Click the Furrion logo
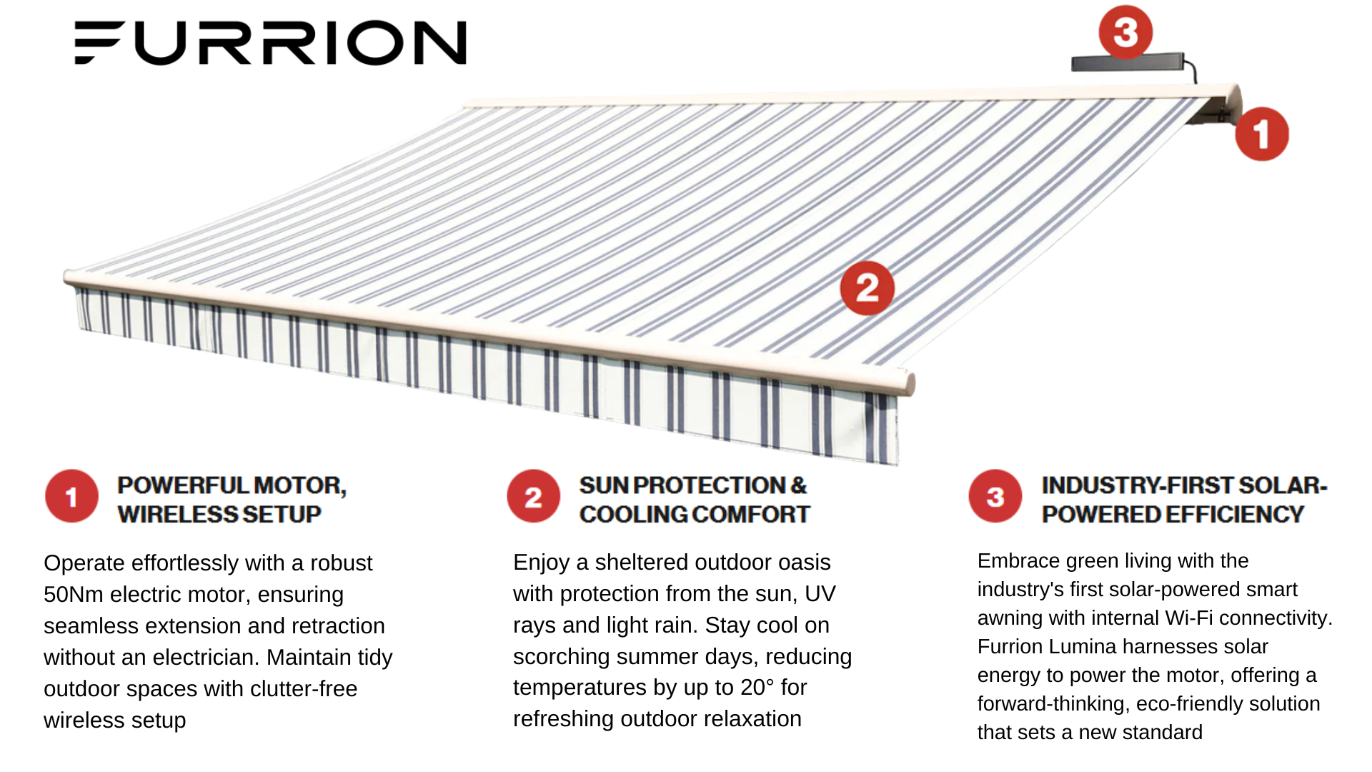click(x=271, y=43)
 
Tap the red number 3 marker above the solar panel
click(x=1125, y=32)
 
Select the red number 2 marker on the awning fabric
click(x=867, y=288)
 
